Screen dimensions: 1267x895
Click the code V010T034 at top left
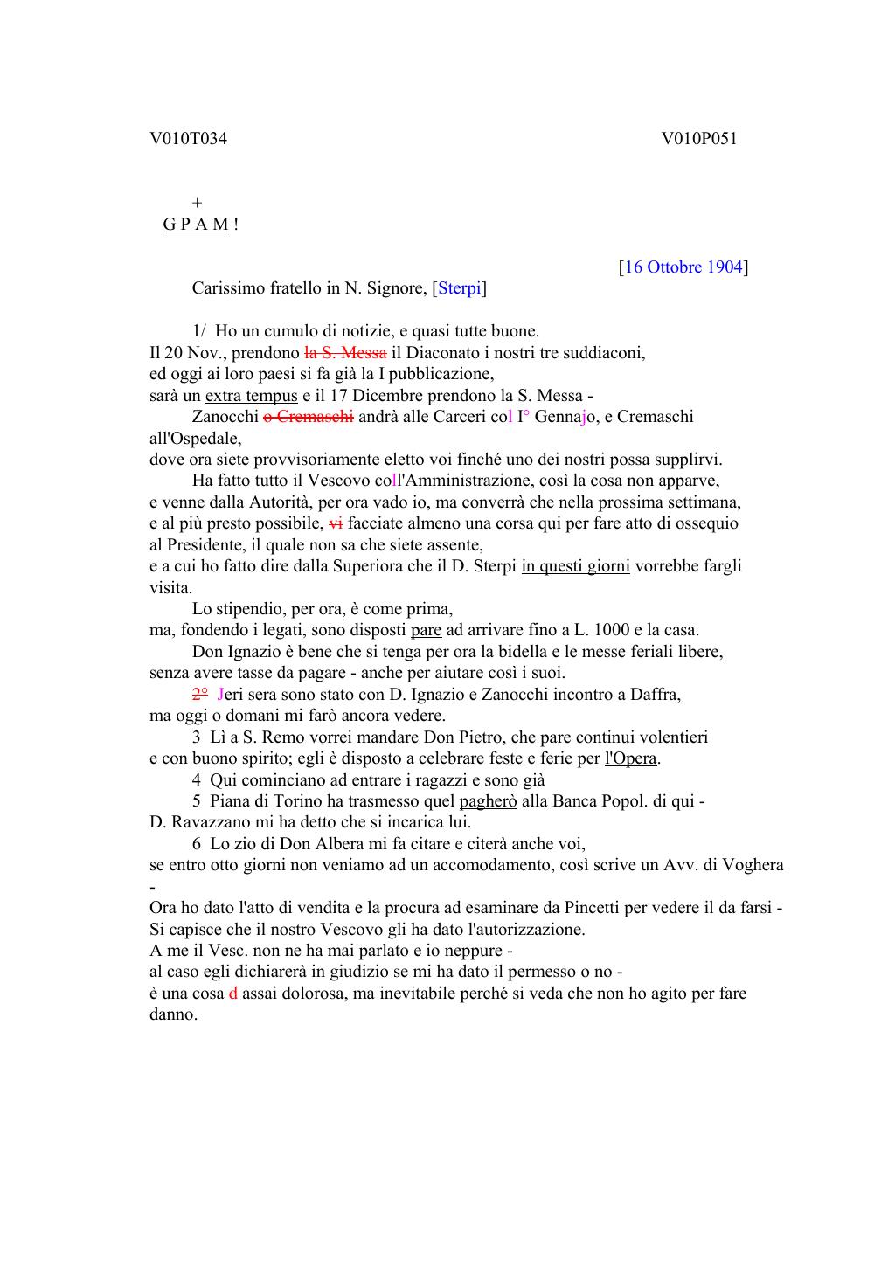[x=188, y=138]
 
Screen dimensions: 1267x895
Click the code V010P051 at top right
[x=699, y=138]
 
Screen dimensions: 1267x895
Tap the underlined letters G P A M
[x=196, y=225]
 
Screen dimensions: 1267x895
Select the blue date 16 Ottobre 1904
[x=683, y=267]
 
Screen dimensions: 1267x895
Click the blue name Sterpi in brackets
[x=460, y=288]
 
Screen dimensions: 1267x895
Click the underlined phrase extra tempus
[x=251, y=396]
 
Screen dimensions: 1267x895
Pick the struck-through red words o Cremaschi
[x=309, y=417]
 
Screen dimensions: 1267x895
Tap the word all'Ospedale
[x=195, y=438]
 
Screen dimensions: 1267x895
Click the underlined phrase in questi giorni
[x=575, y=566]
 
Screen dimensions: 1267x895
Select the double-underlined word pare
[x=426, y=630]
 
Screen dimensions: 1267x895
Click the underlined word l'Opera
[x=630, y=758]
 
